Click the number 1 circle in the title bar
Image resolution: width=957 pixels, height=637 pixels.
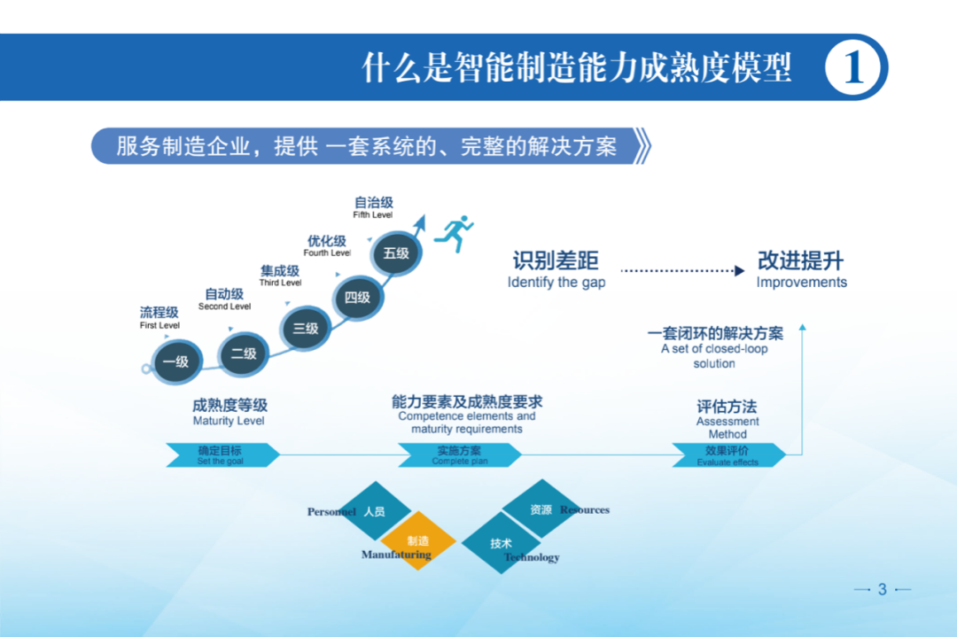[x=855, y=67]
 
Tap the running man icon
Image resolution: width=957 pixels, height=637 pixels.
[x=457, y=234]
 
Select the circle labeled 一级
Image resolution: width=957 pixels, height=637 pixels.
[x=176, y=361]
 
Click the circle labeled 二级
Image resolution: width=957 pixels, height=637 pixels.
[x=244, y=353]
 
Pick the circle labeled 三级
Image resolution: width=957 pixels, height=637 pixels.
[x=306, y=329]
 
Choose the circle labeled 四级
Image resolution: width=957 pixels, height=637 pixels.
[x=357, y=298]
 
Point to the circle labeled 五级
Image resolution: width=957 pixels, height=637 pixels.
[x=396, y=253]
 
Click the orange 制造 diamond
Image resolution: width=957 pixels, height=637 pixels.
[x=418, y=540]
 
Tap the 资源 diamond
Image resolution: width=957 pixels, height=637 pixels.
[x=541, y=509]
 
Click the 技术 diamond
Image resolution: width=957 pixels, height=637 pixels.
[x=502, y=543]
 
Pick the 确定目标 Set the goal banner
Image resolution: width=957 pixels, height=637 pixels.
[x=222, y=454]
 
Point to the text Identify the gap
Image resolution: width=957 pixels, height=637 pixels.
[x=556, y=283]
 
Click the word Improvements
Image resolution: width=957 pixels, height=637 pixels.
[x=801, y=283]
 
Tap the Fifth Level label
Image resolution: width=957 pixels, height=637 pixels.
[x=373, y=215]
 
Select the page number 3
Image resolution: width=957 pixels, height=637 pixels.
[x=882, y=589]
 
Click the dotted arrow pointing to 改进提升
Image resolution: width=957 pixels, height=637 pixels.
[x=682, y=270]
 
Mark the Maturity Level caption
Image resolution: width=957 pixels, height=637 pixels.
[x=229, y=421]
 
